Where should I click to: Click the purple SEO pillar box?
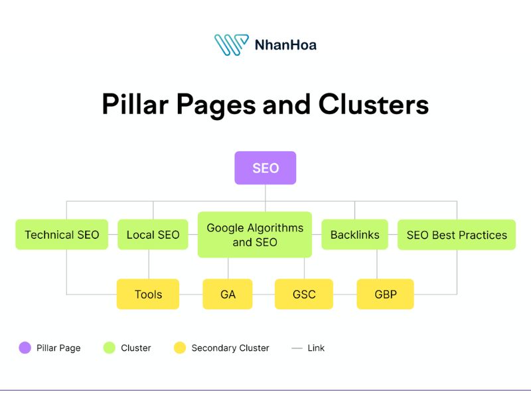[x=265, y=168]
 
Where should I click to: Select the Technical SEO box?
[x=62, y=235]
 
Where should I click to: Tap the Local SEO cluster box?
[x=153, y=235]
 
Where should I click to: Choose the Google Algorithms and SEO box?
[x=255, y=235]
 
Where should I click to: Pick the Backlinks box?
[x=354, y=235]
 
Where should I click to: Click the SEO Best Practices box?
[x=457, y=235]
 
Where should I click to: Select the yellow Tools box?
[x=148, y=294]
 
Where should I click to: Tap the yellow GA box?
[x=228, y=294]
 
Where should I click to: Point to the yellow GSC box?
[x=304, y=294]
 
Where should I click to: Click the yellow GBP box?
[x=385, y=294]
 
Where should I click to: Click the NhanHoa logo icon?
[x=231, y=44]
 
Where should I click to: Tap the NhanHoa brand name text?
[x=285, y=45]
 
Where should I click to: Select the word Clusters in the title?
[x=373, y=105]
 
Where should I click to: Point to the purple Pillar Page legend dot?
[x=25, y=348]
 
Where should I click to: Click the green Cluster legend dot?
[x=110, y=348]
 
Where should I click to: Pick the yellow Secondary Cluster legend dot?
[x=179, y=348]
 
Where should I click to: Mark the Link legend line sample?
[x=297, y=348]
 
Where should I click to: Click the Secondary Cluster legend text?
[x=230, y=348]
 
